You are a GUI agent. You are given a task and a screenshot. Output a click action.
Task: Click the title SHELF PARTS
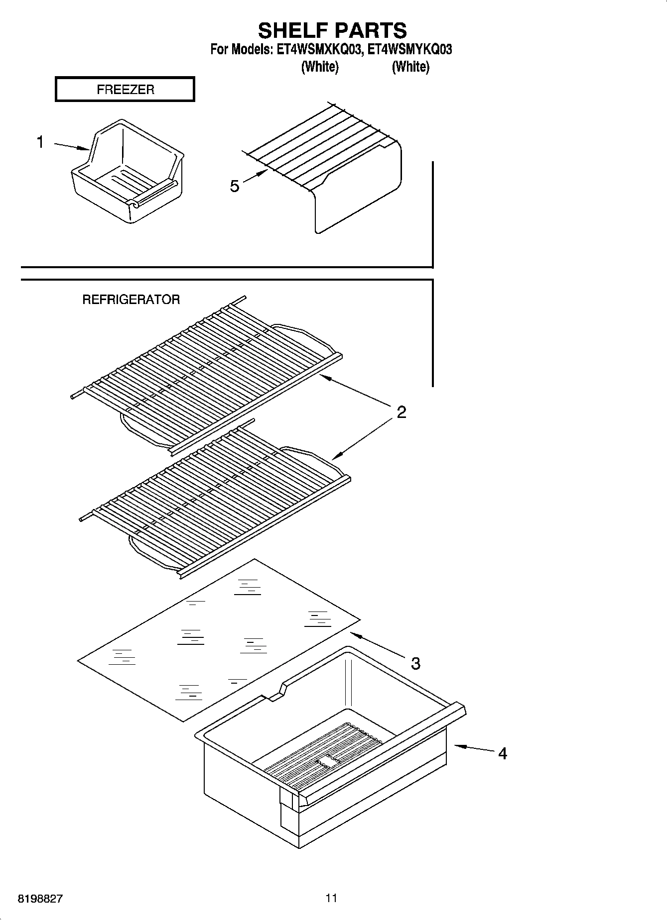tap(332, 30)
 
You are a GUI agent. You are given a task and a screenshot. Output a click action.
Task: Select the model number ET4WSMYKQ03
tap(410, 50)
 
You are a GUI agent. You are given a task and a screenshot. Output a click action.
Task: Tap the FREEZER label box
tap(125, 90)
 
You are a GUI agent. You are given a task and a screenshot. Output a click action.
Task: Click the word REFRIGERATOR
tap(131, 300)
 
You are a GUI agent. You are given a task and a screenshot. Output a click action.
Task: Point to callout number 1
tap(40, 142)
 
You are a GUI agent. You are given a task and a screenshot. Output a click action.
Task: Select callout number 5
tap(234, 186)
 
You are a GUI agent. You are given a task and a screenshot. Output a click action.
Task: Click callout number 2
tap(401, 412)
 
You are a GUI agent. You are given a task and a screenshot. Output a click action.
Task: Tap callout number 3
tap(415, 663)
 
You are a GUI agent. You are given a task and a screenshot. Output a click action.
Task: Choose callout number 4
tap(502, 754)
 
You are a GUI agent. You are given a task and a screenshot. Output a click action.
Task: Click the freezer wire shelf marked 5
tap(344, 164)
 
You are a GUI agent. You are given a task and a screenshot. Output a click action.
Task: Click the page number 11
tap(331, 898)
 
